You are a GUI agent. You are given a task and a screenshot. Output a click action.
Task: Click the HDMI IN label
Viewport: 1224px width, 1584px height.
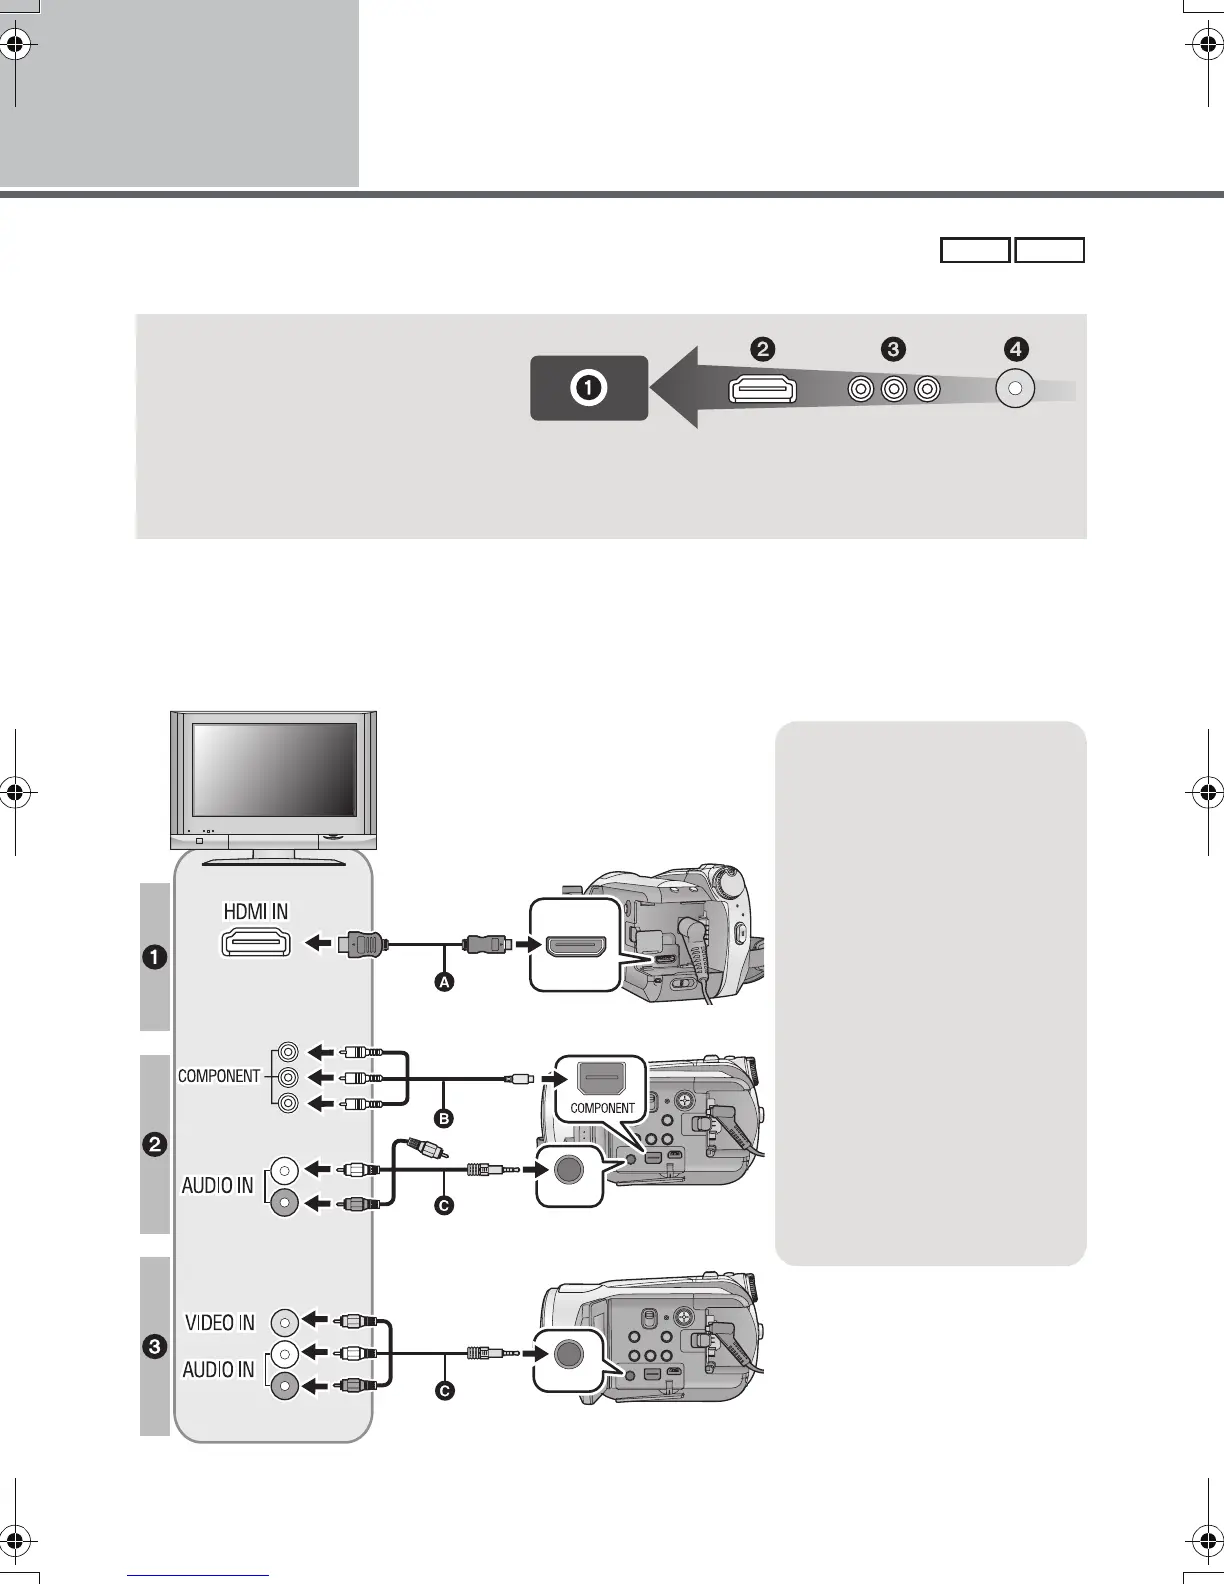tap(255, 911)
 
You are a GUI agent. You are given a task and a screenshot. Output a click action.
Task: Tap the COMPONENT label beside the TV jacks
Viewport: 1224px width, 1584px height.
tap(219, 1076)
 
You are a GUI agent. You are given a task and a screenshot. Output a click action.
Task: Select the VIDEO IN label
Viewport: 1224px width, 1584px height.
tap(220, 1322)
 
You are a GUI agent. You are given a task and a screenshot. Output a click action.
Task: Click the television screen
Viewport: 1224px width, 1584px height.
tap(274, 768)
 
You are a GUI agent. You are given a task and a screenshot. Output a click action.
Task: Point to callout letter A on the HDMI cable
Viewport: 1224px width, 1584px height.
tap(443, 982)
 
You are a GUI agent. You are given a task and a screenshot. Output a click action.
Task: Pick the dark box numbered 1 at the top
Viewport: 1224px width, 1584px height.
tap(589, 388)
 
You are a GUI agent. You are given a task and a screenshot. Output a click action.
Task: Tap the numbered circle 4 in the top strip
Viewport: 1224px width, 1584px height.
tap(1015, 349)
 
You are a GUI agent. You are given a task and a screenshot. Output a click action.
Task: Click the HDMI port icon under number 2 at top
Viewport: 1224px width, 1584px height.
tap(763, 389)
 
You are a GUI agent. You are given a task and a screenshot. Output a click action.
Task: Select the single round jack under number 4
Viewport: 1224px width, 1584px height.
tap(1015, 389)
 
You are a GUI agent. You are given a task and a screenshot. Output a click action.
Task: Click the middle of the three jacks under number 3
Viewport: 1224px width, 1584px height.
tap(894, 389)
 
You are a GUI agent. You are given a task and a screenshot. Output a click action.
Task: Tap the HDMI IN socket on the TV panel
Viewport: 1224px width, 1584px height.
tap(255, 943)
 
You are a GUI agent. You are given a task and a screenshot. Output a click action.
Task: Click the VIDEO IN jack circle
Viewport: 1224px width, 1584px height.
tap(285, 1322)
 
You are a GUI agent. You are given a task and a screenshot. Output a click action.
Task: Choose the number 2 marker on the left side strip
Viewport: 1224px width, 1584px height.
tap(154, 1145)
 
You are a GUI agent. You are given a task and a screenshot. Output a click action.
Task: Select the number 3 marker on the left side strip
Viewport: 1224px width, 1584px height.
tap(154, 1347)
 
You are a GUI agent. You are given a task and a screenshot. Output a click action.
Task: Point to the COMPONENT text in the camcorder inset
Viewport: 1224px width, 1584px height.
tap(602, 1108)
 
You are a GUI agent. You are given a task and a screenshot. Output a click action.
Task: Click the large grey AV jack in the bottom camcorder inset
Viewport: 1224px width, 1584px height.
tap(568, 1353)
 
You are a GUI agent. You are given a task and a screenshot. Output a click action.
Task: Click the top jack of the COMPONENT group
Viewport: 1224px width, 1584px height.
tap(289, 1052)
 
